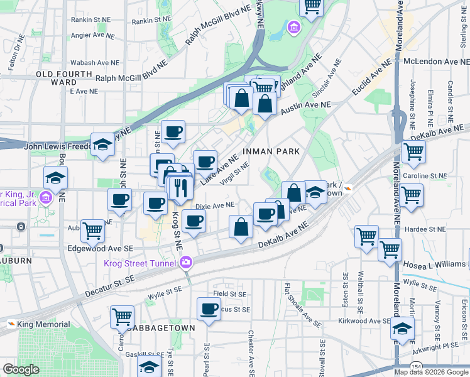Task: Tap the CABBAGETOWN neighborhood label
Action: click(160, 328)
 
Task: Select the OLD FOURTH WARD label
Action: click(56, 78)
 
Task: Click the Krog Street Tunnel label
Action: click(141, 262)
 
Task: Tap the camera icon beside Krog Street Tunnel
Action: click(187, 262)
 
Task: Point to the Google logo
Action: click(21, 369)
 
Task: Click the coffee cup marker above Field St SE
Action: click(209, 309)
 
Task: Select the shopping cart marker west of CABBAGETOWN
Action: click(122, 317)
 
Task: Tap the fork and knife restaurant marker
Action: click(181, 187)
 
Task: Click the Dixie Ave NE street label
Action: click(215, 205)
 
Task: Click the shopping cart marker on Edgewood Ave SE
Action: click(93, 230)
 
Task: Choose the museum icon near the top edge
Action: click(293, 28)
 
